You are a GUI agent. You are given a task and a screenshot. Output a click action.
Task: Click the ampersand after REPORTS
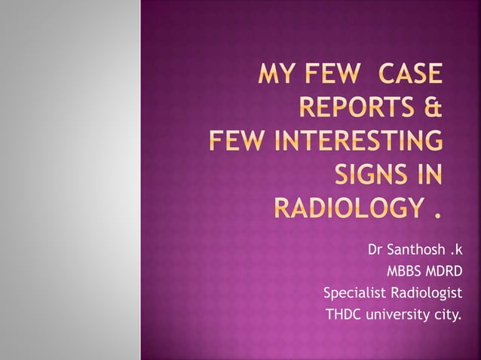pos(432,110)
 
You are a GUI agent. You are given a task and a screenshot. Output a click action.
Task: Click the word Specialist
pos(353,292)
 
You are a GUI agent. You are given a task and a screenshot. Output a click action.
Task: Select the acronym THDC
pos(343,313)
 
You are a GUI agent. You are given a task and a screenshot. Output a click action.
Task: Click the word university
pos(396,313)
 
